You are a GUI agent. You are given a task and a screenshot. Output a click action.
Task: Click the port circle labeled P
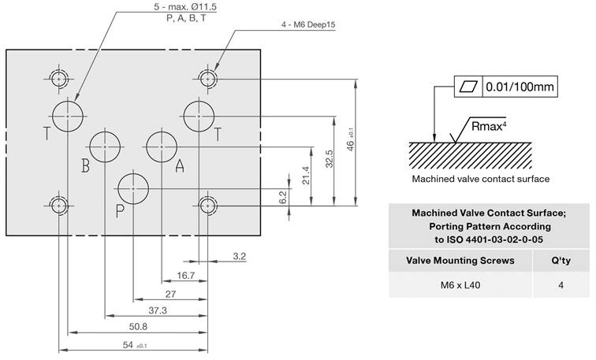(133, 187)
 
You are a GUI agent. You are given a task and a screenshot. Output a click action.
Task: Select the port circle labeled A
(162, 146)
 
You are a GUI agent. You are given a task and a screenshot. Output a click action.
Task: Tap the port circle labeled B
(105, 146)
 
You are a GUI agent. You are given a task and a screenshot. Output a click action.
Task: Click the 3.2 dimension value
(240, 256)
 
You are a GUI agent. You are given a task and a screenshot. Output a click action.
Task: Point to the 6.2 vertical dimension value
(283, 197)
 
